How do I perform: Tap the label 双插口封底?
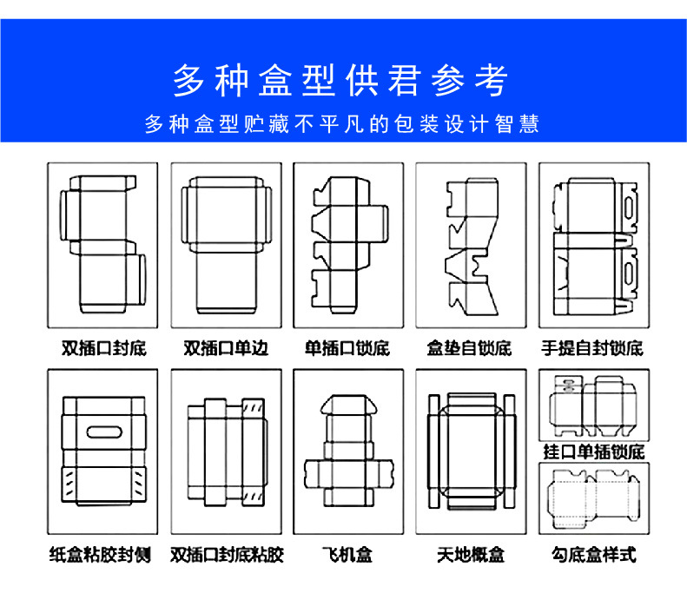point(103,349)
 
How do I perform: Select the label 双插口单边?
point(225,349)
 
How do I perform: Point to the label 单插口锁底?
point(347,349)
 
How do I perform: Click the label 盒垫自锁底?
point(469,349)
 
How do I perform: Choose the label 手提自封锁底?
point(591,349)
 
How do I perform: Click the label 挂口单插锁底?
point(593,452)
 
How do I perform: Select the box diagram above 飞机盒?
point(347,452)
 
